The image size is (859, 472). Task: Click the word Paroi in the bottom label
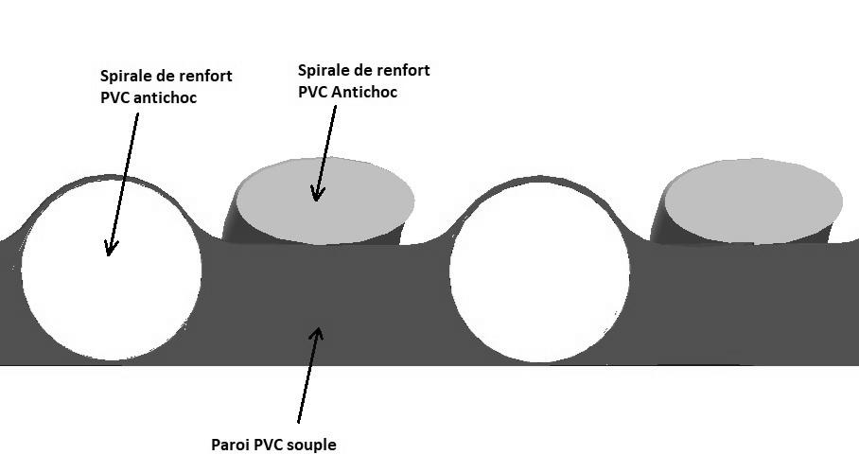point(231,444)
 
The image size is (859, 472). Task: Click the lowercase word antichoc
point(165,97)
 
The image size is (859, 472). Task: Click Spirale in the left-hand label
point(123,76)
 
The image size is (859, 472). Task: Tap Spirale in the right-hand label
point(321,71)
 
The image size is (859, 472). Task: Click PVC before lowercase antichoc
point(115,97)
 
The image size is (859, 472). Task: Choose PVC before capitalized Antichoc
point(313,92)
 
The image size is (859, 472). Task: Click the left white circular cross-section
point(112,270)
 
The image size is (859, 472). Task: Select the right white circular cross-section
point(539,271)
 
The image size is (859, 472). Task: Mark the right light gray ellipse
point(753,201)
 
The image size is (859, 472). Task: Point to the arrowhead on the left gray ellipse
point(317,193)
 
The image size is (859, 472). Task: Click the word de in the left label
point(160,76)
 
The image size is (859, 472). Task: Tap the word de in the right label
point(358,70)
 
